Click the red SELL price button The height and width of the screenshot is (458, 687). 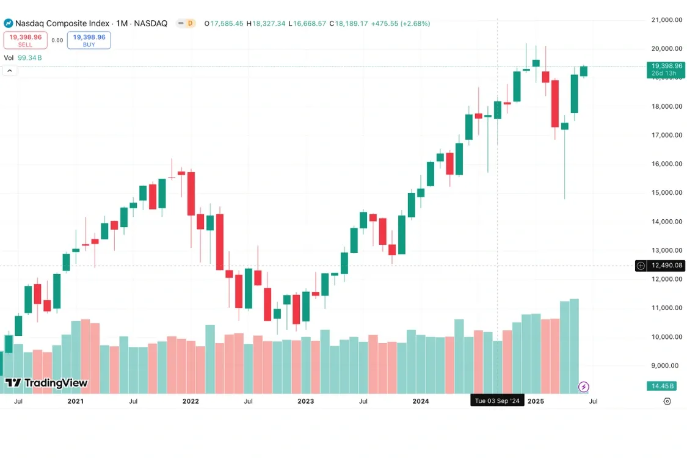(25, 40)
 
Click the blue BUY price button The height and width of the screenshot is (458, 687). (89, 40)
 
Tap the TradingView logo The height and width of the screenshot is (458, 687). (46, 383)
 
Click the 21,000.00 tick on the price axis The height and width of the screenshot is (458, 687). (666, 20)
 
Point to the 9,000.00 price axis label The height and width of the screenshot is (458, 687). (666, 365)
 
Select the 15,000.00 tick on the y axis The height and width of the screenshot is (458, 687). (666, 192)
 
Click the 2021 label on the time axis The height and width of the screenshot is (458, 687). (76, 401)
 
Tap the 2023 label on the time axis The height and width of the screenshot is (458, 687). (305, 401)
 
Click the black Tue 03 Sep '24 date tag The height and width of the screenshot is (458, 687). (497, 401)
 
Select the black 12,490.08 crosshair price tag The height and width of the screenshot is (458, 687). (662, 266)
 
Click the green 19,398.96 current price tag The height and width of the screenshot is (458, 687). (665, 69)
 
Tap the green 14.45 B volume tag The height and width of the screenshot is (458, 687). (663, 386)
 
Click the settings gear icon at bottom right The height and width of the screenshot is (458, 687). (667, 401)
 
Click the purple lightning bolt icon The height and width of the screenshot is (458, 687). (584, 387)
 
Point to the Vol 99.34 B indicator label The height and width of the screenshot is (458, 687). (23, 57)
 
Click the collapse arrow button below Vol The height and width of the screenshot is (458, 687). (10, 71)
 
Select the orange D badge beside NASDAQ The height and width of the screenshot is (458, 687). (190, 23)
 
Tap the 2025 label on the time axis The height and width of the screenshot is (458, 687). (536, 401)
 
